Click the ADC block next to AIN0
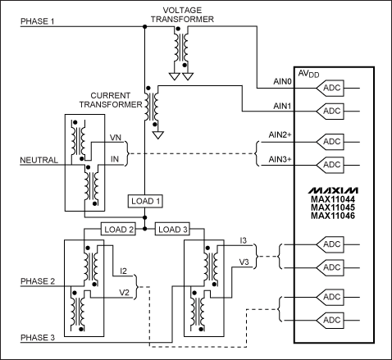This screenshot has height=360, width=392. click(331, 88)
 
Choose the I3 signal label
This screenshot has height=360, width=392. click(244, 239)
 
